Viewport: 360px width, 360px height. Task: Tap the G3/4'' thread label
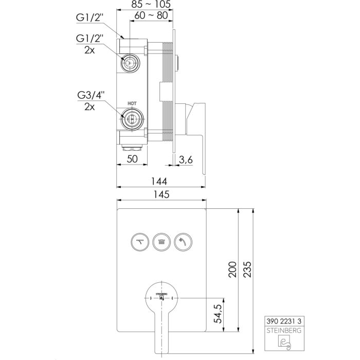(91, 95)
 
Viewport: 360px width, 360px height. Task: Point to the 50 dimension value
(133, 159)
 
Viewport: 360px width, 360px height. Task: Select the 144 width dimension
(161, 181)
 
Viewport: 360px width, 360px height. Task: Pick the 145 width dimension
(161, 194)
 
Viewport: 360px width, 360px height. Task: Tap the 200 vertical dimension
(232, 270)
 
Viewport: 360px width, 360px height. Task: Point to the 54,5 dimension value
(218, 314)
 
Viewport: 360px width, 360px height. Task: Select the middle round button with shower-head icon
(161, 241)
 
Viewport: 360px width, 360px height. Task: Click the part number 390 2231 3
(285, 320)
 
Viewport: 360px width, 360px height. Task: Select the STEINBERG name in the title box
(285, 330)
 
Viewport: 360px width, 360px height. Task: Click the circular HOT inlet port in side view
(132, 119)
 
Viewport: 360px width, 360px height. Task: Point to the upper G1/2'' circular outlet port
(130, 63)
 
